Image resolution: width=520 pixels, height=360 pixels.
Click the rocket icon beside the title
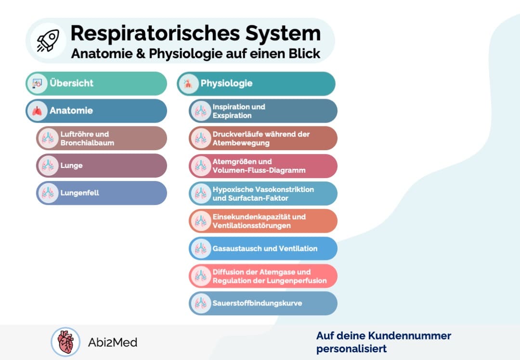[x=45, y=40]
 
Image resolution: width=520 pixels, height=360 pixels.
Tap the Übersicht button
[x=96, y=83]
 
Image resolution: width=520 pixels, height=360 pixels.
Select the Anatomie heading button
[x=96, y=111]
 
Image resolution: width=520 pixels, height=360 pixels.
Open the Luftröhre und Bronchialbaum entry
[x=102, y=138]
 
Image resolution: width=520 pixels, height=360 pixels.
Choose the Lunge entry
[x=102, y=166]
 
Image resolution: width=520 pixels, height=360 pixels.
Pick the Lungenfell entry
[x=102, y=193]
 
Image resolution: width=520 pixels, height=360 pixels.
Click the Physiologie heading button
[x=256, y=83]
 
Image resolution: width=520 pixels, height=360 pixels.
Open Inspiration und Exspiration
[x=263, y=111]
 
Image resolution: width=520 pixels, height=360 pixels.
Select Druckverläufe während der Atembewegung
[x=263, y=138]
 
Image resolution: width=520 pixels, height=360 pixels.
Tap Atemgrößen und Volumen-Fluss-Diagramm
[x=263, y=166]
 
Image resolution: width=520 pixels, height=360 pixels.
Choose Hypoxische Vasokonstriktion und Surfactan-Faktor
[x=263, y=193]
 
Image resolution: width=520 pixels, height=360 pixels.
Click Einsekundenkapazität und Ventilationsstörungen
[x=263, y=221]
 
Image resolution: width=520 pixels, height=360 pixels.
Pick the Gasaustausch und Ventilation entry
[x=263, y=248]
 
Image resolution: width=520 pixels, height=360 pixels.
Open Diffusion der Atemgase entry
[x=263, y=276]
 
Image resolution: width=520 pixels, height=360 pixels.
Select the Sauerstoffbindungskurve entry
[x=263, y=303]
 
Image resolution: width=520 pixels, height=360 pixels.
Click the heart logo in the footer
[x=65, y=342]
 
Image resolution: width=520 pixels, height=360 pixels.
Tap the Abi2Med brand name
[x=113, y=343]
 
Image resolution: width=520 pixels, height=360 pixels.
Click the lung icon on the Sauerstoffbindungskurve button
[x=200, y=303]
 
